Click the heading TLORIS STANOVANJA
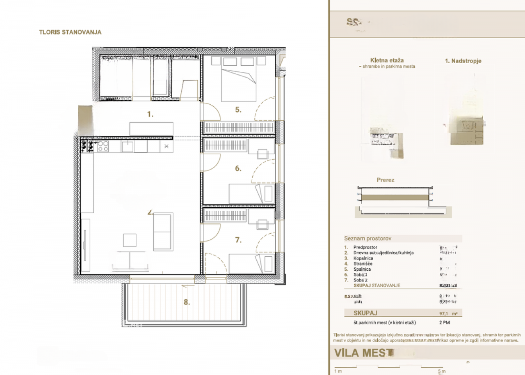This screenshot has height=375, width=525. pos(70,32)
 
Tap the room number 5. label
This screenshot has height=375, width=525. pos(238,110)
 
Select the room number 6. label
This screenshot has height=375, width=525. pos(238,168)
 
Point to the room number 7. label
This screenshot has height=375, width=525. pos(238,240)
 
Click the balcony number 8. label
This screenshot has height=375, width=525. pos(187,302)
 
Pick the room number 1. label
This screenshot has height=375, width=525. pos(151,115)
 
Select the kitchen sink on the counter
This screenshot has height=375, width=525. pos(128,146)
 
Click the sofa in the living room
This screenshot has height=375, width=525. pos(163,232)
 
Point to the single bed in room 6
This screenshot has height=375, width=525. pos(251,193)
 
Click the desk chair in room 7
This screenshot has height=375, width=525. pos(262,224)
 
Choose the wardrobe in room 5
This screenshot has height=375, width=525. pos(239,127)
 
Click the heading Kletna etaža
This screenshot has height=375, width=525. pos(387,60)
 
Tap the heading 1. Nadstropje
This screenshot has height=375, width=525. pos(463,61)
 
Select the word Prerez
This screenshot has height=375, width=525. pos(386,180)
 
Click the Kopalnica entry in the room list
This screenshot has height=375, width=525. pos(363,258)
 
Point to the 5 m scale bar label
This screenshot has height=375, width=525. pos(442,372)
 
